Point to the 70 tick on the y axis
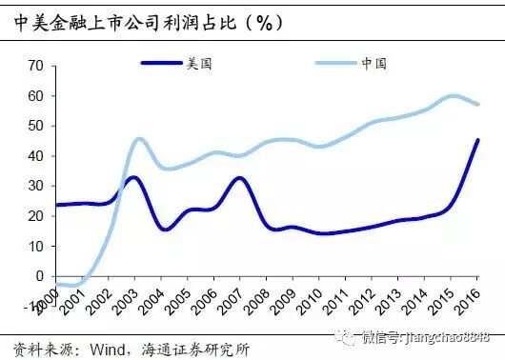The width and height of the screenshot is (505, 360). click(36, 66)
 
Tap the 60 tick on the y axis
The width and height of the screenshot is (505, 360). click(36, 95)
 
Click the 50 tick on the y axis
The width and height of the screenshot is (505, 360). click(36, 126)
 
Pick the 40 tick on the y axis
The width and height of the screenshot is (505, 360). click(36, 155)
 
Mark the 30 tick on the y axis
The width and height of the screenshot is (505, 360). click(36, 186)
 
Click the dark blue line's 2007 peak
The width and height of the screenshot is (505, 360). click(240, 178)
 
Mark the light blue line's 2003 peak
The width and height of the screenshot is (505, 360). click(139, 139)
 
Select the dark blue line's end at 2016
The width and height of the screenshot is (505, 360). click(477, 140)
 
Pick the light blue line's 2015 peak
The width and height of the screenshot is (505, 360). click(454, 95)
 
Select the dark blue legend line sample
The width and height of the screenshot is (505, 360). click(165, 63)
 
